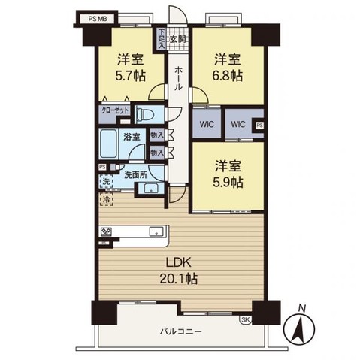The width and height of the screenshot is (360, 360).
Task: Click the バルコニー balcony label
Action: coord(180,331)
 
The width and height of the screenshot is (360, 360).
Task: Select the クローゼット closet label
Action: coord(116,110)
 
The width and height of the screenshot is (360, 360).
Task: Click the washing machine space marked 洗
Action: coord(106,181)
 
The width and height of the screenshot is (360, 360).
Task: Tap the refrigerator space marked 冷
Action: coord(106,200)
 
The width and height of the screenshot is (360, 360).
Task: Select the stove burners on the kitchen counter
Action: coord(105,231)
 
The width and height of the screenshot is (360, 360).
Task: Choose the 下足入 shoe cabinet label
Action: coord(162,37)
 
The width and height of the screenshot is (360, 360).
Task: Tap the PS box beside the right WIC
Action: coord(259,126)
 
